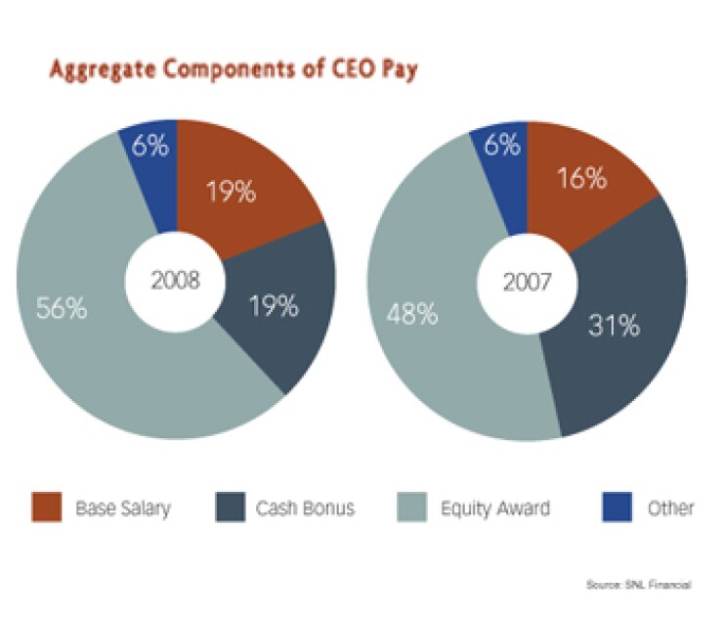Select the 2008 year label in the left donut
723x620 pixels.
point(175,282)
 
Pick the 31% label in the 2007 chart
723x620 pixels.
point(616,325)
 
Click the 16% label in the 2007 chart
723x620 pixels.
point(582,179)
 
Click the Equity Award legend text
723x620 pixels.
point(496,509)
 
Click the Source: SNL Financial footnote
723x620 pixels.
point(638,585)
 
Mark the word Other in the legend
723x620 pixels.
point(670,509)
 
